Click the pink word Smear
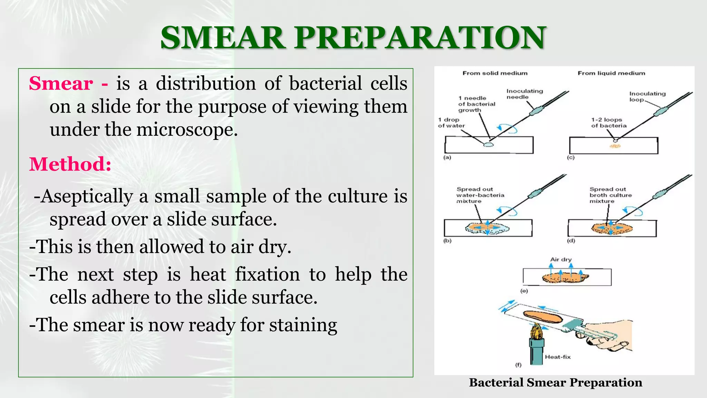click(61, 84)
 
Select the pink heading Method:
click(70, 164)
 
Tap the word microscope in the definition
click(187, 130)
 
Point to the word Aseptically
click(87, 197)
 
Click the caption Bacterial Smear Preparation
click(555, 382)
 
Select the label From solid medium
click(495, 73)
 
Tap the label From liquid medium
click(611, 73)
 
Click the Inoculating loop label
click(647, 96)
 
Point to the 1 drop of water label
click(451, 123)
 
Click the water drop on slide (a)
click(488, 144)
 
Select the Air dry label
click(561, 259)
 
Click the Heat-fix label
click(558, 357)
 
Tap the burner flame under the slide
click(536, 331)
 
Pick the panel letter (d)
click(571, 241)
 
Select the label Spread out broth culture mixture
click(610, 195)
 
